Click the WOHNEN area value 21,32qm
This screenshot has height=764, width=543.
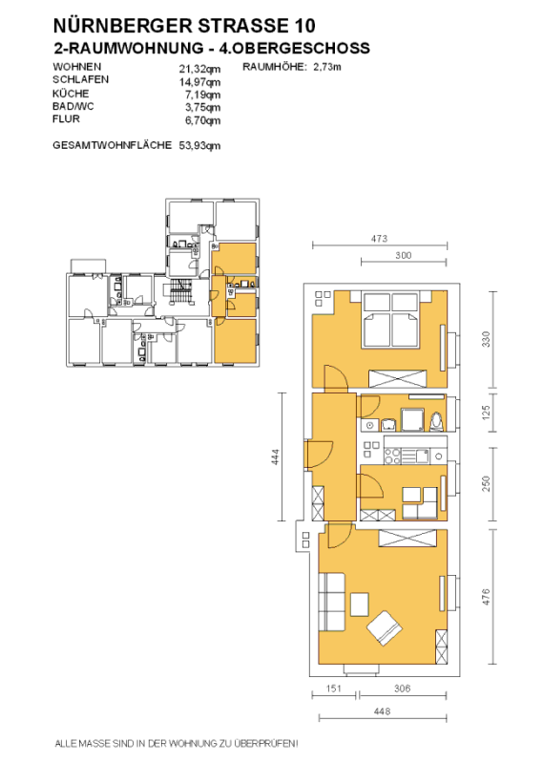tap(199, 69)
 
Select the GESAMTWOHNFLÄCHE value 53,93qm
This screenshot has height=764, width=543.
tap(199, 145)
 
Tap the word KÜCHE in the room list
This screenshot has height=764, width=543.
tap(71, 93)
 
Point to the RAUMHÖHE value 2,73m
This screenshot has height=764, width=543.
tap(326, 67)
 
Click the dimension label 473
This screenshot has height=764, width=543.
tap(379, 238)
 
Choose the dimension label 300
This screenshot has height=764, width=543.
tap(404, 255)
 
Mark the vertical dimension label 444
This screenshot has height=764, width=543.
tap(275, 457)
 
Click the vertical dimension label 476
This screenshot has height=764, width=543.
tap(486, 597)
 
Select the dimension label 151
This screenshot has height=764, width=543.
tap(334, 689)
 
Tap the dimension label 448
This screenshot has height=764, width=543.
tap(383, 711)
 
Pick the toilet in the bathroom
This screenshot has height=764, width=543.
tap(436, 421)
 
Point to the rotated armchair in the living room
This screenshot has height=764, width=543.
tap(385, 628)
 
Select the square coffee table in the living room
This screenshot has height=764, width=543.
tap(360, 605)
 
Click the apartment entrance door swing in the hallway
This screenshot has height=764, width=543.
tap(321, 455)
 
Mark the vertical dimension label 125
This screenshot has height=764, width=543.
tap(486, 414)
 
